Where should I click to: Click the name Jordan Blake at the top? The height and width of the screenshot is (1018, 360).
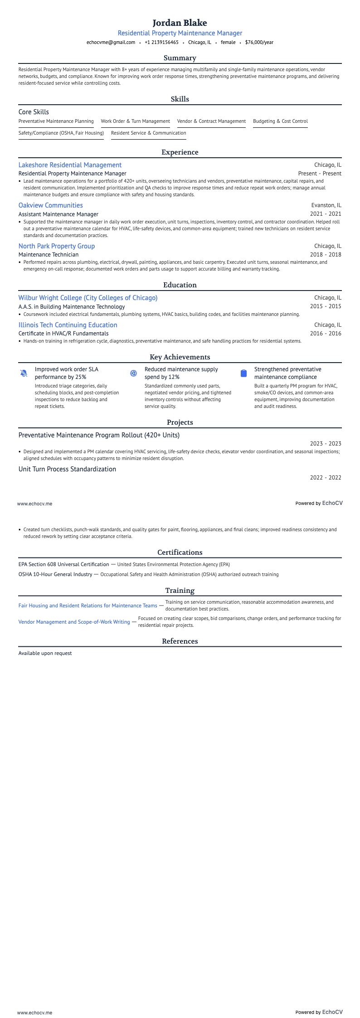(180, 23)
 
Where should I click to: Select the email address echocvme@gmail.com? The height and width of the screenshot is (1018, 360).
(111, 42)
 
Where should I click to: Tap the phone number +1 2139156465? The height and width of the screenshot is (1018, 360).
(161, 42)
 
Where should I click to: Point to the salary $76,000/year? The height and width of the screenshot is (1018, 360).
(259, 42)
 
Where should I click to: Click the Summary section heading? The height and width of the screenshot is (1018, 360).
(180, 58)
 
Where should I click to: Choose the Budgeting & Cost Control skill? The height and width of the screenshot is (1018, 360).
(280, 121)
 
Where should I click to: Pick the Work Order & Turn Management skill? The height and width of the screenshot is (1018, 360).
(135, 121)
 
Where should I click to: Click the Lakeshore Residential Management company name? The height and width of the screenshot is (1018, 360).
(70, 165)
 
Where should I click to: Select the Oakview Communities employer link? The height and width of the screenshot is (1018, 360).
(50, 205)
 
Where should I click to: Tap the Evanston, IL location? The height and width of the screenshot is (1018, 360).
(326, 205)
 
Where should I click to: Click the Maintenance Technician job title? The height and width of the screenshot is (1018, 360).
(49, 254)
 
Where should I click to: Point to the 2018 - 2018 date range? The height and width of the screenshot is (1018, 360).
(326, 254)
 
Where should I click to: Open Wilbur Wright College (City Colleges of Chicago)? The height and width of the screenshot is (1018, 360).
(88, 298)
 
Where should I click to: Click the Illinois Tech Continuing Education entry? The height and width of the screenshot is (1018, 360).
(68, 325)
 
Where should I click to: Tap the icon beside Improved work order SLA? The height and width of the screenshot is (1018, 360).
(24, 373)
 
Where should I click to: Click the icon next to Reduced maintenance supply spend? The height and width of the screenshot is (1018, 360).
(133, 373)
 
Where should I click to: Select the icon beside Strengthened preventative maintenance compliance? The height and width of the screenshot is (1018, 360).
(243, 373)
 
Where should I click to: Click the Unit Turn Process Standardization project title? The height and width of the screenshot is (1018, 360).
(67, 469)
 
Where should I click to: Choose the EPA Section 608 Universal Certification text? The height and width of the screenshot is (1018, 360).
(63, 564)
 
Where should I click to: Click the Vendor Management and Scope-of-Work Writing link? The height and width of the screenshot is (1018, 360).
(74, 622)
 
